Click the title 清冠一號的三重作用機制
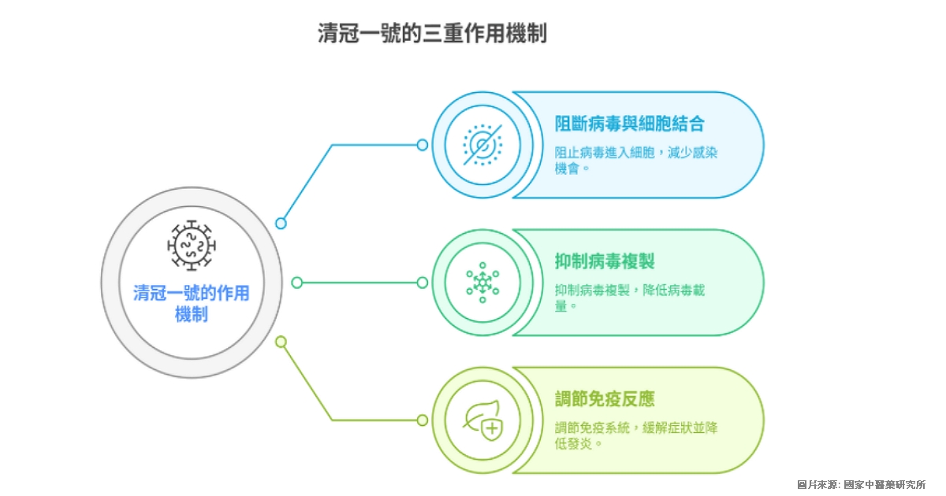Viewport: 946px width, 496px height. [432, 33]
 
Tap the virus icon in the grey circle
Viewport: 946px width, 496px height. [192, 245]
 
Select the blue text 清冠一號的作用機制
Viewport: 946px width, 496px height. [192, 303]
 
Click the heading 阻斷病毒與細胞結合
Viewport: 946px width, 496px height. [629, 124]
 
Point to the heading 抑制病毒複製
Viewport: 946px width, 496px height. [605, 261]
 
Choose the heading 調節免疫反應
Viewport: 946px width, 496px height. [605, 398]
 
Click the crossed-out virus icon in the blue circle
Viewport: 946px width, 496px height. [482, 145]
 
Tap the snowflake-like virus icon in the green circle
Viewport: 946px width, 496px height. [482, 283]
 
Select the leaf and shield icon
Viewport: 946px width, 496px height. [482, 420]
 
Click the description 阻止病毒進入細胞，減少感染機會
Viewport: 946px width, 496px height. [635, 161]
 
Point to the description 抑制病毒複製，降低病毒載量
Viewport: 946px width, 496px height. [629, 298]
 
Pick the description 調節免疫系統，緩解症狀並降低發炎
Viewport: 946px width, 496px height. [635, 435]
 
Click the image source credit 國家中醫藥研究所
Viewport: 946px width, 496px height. [885, 485]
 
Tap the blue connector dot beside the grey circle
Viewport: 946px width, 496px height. [281, 223]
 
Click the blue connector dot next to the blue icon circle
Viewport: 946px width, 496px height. [423, 145]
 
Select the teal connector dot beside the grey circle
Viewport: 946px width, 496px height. [297, 283]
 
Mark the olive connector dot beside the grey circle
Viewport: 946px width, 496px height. [281, 342]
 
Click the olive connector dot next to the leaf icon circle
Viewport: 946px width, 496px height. [423, 420]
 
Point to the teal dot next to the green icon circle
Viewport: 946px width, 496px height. [423, 283]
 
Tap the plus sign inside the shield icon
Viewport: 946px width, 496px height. [492, 429]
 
